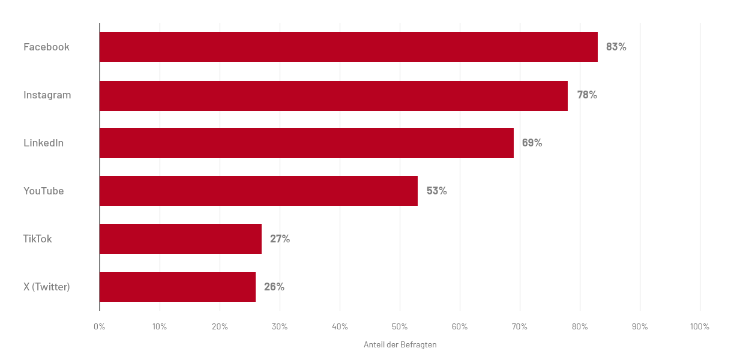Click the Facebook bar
point(348,47)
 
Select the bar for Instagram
point(333,95)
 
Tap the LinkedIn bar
point(306,143)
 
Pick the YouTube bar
point(258,191)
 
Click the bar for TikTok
point(180,239)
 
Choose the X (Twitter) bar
point(177,287)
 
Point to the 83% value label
point(616,47)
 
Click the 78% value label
point(587,95)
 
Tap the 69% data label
point(532,143)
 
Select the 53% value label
point(436,191)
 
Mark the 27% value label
point(280,239)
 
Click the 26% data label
point(274,287)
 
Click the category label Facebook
point(46,47)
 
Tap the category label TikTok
point(37,239)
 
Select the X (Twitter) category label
point(47,287)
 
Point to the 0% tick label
point(100,327)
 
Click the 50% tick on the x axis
point(400,327)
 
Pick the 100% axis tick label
point(699,327)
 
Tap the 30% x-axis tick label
point(280,327)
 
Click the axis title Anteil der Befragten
point(400,345)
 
